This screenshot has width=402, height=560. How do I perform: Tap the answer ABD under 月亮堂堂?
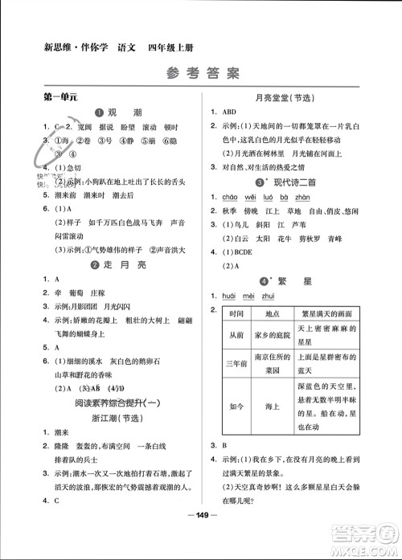230,112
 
